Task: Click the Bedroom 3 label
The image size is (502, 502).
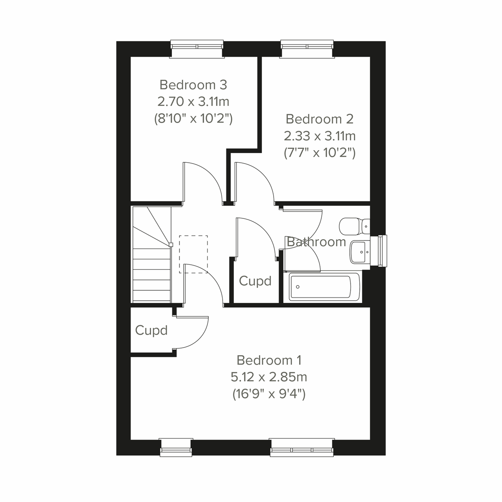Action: (193, 85)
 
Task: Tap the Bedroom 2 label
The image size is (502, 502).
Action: (320, 119)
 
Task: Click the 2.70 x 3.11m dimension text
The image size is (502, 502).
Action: (193, 102)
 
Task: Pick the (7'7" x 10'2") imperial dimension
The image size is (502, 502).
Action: (320, 153)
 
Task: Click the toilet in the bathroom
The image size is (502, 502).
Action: (354, 226)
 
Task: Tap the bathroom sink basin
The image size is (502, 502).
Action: (359, 252)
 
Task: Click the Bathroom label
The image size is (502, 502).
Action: (316, 242)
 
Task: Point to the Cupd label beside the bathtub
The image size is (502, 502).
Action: (255, 281)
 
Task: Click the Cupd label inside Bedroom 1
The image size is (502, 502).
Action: (151, 330)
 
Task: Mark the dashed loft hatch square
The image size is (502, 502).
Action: (193, 254)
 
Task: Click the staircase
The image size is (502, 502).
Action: (151, 255)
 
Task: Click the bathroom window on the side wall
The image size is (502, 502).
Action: (382, 250)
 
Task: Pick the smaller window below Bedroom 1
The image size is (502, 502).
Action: (176, 447)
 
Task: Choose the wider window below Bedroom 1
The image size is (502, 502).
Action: (302, 447)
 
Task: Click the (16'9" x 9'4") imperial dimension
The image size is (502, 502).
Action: (269, 394)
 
